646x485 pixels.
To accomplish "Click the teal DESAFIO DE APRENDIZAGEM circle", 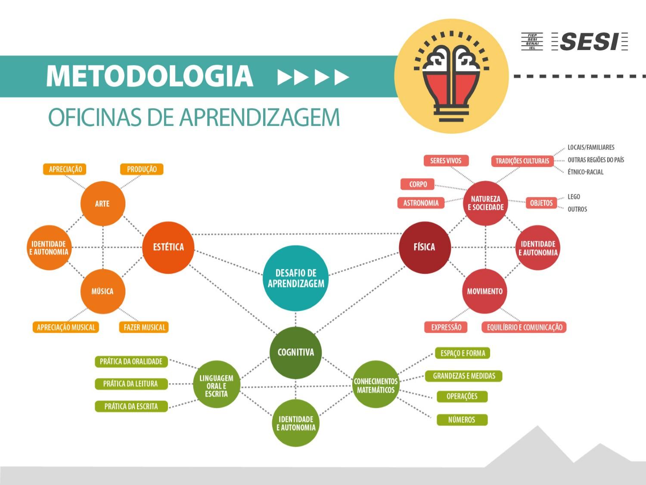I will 295,278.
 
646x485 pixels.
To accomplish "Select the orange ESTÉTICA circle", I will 168,247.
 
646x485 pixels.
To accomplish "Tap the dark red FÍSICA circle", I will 425,247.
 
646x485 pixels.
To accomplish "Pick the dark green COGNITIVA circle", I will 295,352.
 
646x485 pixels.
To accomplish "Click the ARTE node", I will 102,203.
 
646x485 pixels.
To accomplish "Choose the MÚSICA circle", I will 102,291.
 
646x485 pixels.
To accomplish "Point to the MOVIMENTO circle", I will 485,291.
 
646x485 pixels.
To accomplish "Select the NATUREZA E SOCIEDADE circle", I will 486,203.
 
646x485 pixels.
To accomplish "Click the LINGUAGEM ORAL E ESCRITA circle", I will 216,385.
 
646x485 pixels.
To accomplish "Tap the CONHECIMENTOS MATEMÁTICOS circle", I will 376,385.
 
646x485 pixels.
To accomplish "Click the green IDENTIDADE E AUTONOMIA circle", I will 295,423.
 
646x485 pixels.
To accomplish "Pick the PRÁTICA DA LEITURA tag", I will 131,384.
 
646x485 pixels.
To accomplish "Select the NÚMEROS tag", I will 462,419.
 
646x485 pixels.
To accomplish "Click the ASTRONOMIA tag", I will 421,203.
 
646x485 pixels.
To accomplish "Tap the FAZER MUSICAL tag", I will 144,327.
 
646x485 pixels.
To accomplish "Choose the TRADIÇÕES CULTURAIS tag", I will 522,161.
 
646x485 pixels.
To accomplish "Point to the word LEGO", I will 574,197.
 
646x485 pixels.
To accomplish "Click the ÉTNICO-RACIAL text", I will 585,172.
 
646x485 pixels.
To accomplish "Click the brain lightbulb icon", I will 451,76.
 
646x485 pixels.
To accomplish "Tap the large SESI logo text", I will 589,42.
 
